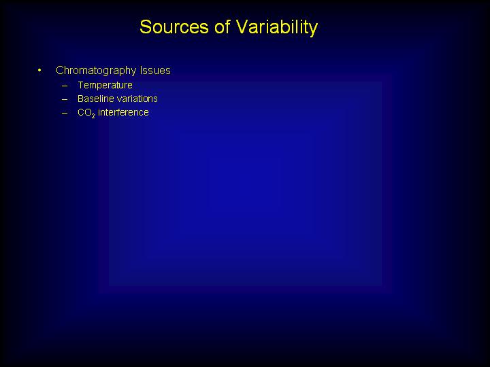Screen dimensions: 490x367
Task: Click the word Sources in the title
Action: click(x=174, y=27)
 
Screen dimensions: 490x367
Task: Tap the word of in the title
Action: click(x=222, y=27)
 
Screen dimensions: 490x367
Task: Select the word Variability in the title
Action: click(x=277, y=28)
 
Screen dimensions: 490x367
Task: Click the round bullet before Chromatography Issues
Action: click(x=39, y=70)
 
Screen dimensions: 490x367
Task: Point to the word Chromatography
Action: click(x=96, y=71)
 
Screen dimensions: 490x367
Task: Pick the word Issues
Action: click(x=155, y=71)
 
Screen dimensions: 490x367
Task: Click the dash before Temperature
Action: click(x=65, y=86)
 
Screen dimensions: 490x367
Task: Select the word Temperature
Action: click(x=105, y=86)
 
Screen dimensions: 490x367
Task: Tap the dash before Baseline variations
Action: click(x=65, y=99)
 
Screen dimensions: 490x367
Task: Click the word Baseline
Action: click(x=96, y=99)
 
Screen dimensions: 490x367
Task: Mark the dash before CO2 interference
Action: click(x=65, y=113)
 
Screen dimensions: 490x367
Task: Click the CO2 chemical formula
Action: click(x=86, y=113)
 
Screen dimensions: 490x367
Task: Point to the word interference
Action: click(x=123, y=112)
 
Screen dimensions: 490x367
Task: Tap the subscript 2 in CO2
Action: click(x=93, y=116)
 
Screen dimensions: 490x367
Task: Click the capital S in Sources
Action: click(x=146, y=27)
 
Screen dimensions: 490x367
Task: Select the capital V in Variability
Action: click(x=242, y=27)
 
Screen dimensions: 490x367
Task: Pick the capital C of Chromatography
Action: click(x=60, y=71)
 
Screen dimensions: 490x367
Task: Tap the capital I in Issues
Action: click(x=142, y=71)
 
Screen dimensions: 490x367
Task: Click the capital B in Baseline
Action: click(x=81, y=99)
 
